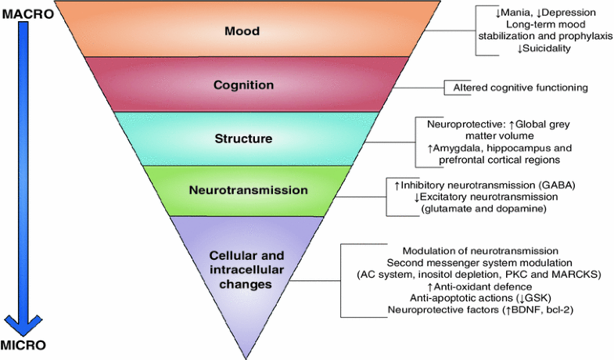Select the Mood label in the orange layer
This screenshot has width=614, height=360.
click(242, 32)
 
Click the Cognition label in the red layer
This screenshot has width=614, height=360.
click(242, 85)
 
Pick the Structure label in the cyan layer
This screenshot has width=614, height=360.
click(242, 139)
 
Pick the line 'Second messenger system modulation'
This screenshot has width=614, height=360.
click(479, 261)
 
